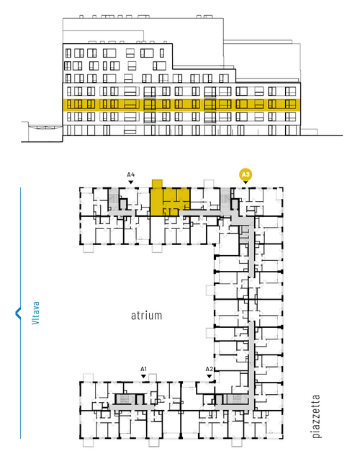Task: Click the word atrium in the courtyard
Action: (146, 316)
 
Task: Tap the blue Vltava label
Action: (35, 313)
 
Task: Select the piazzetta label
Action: (316, 416)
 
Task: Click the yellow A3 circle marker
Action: (246, 175)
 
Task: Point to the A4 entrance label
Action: (131, 175)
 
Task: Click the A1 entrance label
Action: (143, 369)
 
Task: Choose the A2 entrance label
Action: (209, 369)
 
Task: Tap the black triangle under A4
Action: (131, 182)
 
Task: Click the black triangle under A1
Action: (143, 376)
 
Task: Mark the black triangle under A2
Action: (209, 376)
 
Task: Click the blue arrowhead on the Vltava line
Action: (18, 313)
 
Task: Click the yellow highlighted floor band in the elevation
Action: (181, 104)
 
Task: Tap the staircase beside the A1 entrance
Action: (126, 399)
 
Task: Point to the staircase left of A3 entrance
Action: (225, 198)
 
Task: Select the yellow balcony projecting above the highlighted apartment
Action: (157, 184)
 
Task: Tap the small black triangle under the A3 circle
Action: (246, 182)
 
